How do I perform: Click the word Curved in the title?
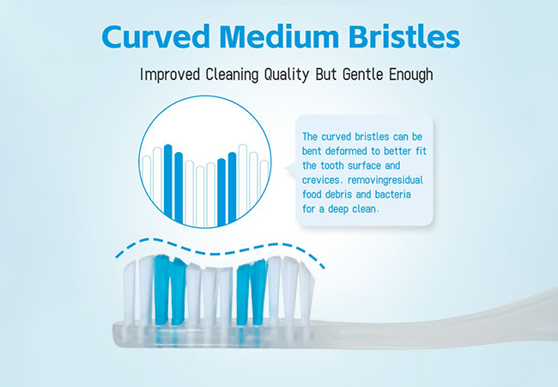point(156,37)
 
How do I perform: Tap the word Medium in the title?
point(279,37)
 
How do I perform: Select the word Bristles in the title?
point(404,37)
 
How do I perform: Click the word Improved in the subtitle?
point(170,75)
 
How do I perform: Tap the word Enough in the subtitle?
point(411,74)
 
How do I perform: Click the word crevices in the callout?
point(323,180)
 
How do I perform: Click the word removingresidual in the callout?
point(385,180)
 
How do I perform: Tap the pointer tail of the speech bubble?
point(289,168)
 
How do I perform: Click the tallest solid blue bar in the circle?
point(168,181)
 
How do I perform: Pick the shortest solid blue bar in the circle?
point(221,192)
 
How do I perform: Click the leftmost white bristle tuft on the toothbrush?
point(130,292)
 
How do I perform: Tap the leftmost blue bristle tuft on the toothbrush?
point(162,290)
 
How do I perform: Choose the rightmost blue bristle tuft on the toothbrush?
point(258,292)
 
